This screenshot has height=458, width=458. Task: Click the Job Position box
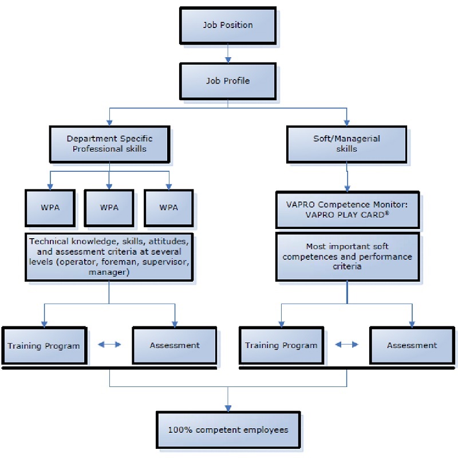pyautogui.click(x=228, y=25)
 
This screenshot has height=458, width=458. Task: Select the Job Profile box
pyautogui.click(x=228, y=81)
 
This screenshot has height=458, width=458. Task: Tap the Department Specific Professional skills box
pyautogui.click(x=109, y=144)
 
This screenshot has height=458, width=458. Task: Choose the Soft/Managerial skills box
pyautogui.click(x=347, y=144)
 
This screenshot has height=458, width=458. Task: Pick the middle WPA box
pyautogui.click(x=109, y=207)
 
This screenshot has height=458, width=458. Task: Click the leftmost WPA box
pyautogui.click(x=50, y=207)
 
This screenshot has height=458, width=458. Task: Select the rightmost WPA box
pyautogui.click(x=168, y=207)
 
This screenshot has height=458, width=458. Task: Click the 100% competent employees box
pyautogui.click(x=228, y=429)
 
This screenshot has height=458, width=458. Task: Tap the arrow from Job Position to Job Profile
pyautogui.click(x=228, y=53)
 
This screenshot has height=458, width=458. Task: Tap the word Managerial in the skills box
pyautogui.click(x=358, y=139)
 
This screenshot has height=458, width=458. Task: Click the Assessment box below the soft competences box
pyautogui.click(x=412, y=345)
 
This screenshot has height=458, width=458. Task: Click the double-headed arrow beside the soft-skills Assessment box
pyautogui.click(x=346, y=344)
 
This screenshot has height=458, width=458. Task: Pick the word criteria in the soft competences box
pyautogui.click(x=347, y=266)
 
